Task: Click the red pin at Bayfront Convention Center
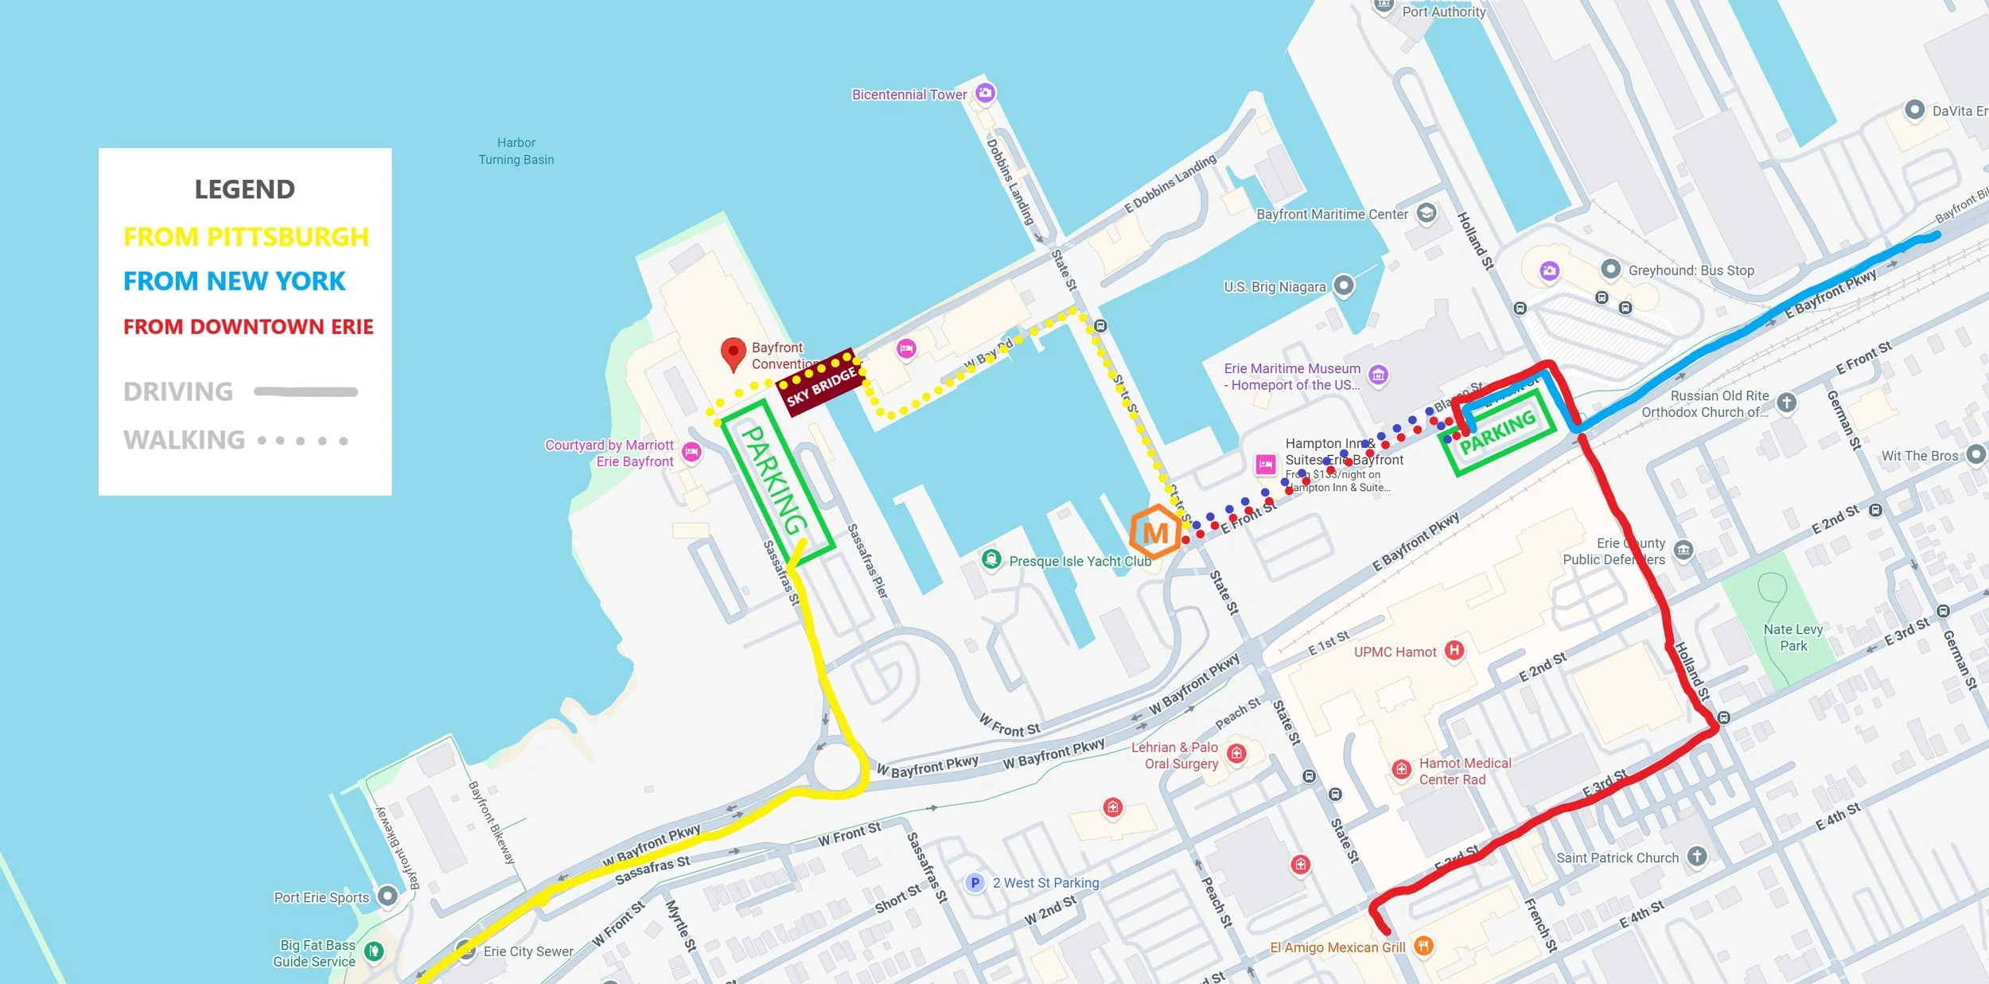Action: pos(733,352)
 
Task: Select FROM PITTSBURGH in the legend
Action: pos(246,237)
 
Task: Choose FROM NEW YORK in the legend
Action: pos(234,281)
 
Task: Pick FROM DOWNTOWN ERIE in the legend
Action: pos(247,327)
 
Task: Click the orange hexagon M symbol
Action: pos(1155,532)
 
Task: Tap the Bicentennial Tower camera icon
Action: pos(985,93)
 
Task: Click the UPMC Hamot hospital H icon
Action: pos(1454,651)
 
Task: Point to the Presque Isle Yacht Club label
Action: pos(1080,561)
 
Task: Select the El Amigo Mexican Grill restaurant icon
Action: pos(1423,946)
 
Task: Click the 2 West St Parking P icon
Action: pos(975,882)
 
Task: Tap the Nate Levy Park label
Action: pos(1792,637)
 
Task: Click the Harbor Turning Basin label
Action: pos(516,151)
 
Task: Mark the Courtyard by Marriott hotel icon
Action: pos(691,452)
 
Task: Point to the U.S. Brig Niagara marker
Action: pos(1344,285)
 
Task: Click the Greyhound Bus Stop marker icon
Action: pos(1610,269)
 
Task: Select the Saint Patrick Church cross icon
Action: pos(1697,856)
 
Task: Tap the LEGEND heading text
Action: pos(244,189)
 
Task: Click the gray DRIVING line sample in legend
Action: pos(306,391)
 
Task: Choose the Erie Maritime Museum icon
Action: pos(1379,375)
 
